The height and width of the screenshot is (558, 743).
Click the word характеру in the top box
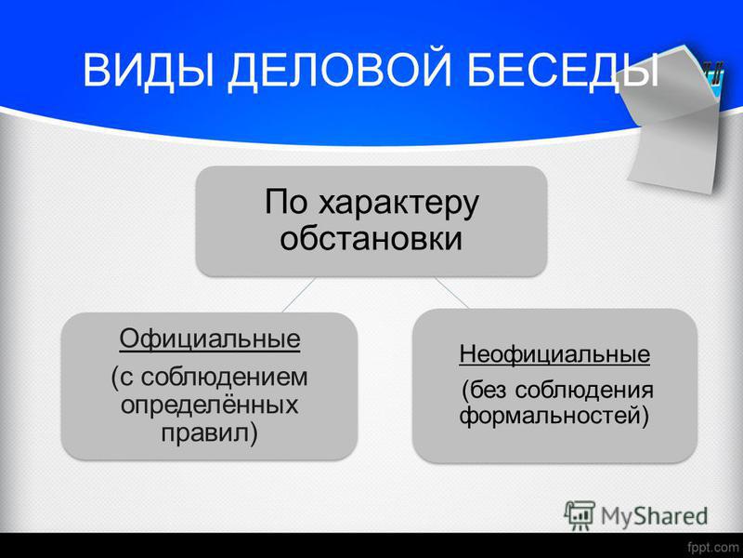tap(398, 204)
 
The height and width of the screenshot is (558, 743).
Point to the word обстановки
tap(371, 238)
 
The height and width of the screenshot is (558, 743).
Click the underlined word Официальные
tap(210, 339)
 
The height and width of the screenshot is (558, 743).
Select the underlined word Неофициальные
tap(554, 354)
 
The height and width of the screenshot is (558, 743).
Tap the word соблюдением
tap(224, 378)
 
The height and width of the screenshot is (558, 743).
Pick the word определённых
tap(210, 405)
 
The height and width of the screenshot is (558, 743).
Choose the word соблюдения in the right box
tap(584, 391)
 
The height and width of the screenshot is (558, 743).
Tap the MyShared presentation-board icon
tap(579, 515)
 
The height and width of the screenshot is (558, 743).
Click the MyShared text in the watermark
tap(655, 516)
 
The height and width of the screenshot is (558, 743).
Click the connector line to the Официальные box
tap(298, 295)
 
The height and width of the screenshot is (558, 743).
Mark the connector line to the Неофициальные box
tap(451, 293)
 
